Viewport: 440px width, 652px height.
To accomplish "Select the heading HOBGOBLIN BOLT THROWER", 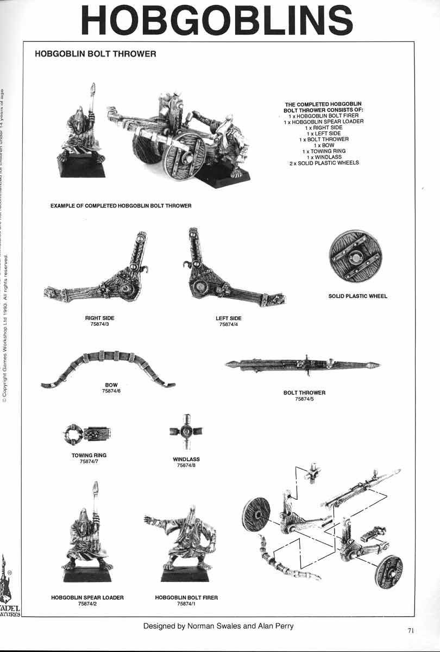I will (95, 54).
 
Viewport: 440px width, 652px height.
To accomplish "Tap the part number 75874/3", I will (100, 324).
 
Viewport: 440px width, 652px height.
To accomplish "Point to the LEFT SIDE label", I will (229, 318).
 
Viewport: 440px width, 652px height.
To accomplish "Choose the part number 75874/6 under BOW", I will (111, 391).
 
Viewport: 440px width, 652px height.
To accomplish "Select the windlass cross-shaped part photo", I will (186, 432).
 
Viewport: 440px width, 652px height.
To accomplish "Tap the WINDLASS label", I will (186, 460).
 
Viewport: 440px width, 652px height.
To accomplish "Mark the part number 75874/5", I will (304, 399).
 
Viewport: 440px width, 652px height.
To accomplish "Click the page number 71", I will (411, 630).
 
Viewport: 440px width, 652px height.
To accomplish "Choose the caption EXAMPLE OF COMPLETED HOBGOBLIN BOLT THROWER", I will (121, 206).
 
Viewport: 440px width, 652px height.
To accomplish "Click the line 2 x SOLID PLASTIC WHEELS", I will (324, 163).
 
